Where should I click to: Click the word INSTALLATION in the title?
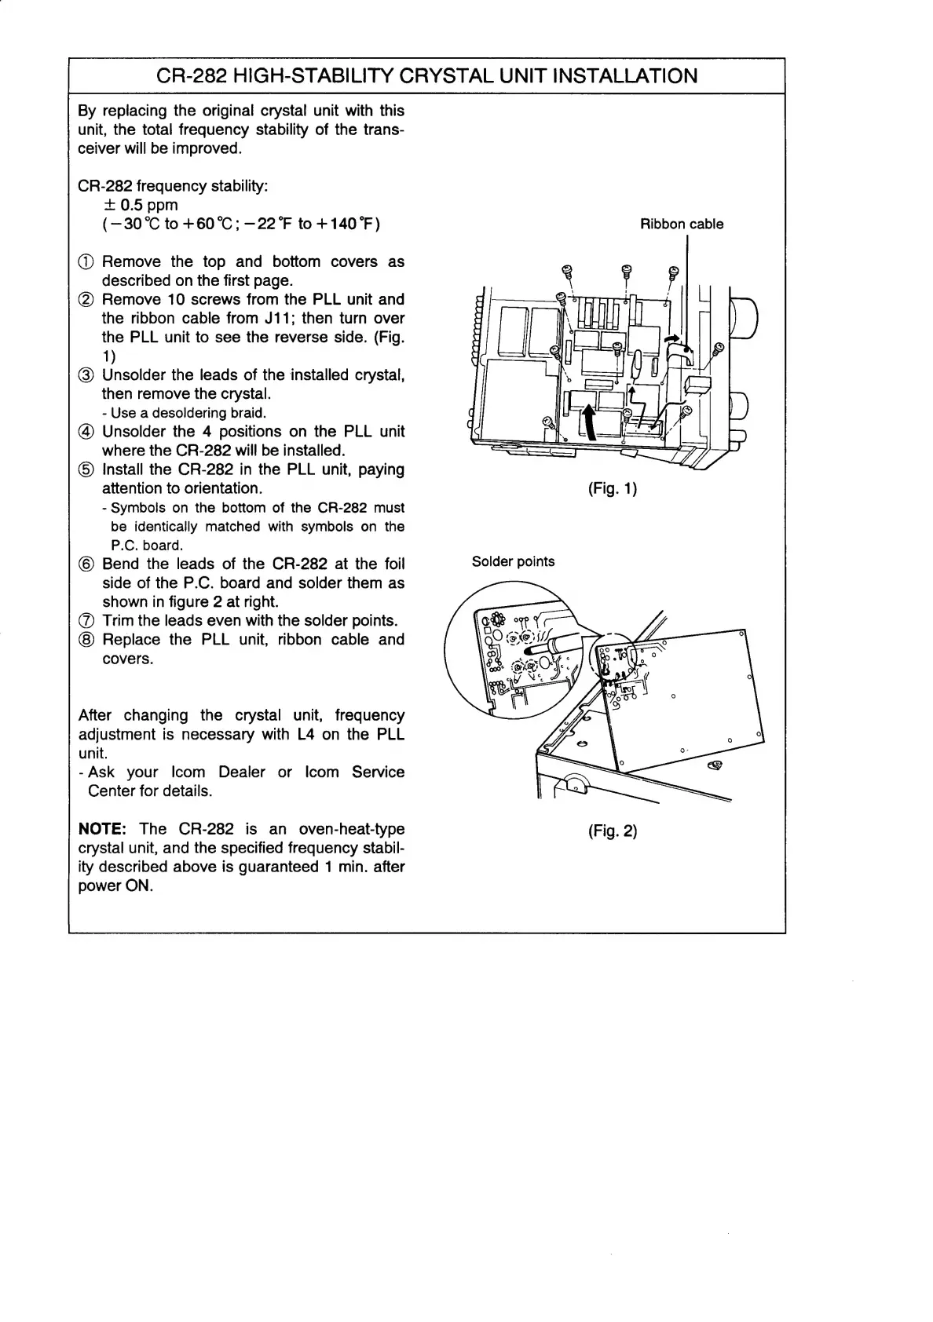(625, 76)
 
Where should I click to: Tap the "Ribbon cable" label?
(682, 225)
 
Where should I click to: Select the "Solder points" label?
(513, 561)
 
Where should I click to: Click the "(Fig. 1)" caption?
(613, 489)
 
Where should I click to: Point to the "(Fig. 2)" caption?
(613, 831)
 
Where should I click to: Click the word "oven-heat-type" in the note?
(352, 829)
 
